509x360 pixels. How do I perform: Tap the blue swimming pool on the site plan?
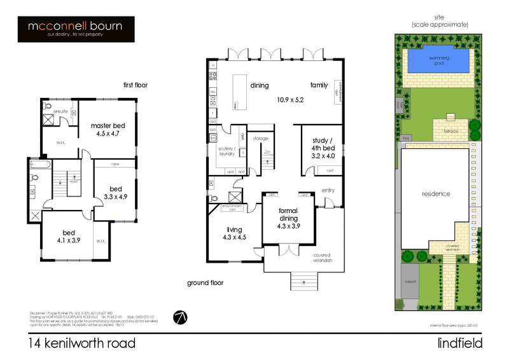pos(438,61)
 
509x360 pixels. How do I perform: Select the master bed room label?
pos(107,129)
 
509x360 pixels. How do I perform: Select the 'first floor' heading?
pos(136,85)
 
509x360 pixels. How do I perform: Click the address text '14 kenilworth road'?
pos(81,343)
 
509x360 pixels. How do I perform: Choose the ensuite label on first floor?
pos(61,111)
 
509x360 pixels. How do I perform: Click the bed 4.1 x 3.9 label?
pos(67,236)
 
